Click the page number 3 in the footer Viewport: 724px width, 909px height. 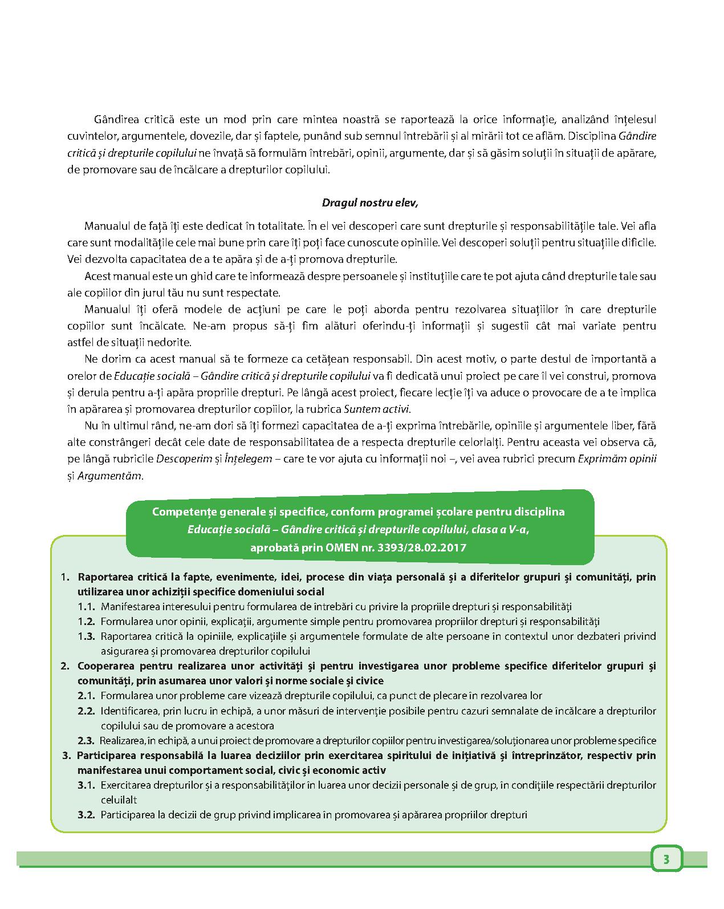coord(666,859)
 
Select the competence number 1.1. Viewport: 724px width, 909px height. coord(86,606)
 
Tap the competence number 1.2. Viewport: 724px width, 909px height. coord(86,621)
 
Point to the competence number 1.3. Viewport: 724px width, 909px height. coord(86,636)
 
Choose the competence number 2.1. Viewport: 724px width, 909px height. coord(86,696)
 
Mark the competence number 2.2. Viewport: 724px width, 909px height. coord(86,711)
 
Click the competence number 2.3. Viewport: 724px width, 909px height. coord(86,741)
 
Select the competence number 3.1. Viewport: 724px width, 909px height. coord(86,785)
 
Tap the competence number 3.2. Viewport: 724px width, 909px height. coord(86,815)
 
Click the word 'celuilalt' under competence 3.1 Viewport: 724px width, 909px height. coord(119,800)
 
